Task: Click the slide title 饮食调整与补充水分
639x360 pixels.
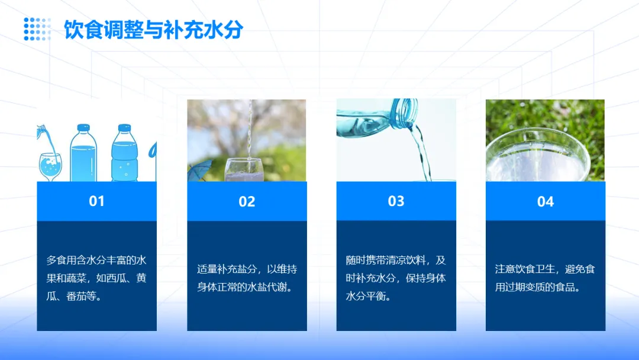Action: coord(154,30)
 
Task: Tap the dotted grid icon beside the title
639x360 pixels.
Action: coord(37,29)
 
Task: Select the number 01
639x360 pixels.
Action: coord(96,201)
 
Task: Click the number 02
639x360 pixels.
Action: coord(247,201)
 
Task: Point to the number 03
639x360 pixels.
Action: coord(396,201)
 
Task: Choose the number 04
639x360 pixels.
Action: coord(546,201)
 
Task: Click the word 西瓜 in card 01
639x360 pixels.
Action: coord(116,278)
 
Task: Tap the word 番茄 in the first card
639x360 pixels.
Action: coord(76,296)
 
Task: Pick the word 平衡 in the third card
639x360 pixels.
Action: coord(375,296)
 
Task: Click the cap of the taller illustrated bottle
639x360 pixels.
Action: coord(83,128)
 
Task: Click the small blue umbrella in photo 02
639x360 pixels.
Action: coord(201,169)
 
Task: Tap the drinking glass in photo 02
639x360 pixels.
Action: coord(244,170)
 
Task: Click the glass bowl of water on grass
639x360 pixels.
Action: coord(538,155)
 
